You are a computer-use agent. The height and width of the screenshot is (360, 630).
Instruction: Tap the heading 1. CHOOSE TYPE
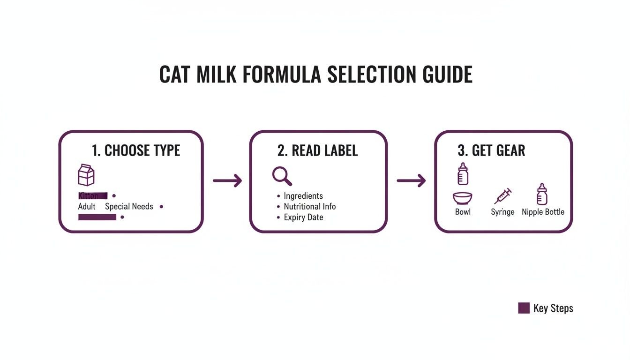pos(136,150)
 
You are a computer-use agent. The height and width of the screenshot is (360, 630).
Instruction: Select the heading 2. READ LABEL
pos(317,150)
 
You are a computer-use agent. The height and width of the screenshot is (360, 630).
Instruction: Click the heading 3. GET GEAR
pos(491,150)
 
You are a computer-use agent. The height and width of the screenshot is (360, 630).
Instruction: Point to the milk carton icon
pos(86,175)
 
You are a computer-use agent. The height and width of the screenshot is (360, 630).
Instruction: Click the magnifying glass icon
pos(282,176)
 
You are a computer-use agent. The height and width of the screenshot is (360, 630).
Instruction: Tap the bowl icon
pos(462,198)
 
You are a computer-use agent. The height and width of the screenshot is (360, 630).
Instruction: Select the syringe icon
pos(502,195)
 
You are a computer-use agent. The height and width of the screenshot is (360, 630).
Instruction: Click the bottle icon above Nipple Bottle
pos(542,194)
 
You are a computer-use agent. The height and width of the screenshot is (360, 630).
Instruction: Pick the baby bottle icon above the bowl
pos(463,174)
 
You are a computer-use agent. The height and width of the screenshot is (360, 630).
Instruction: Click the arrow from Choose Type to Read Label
pos(227,180)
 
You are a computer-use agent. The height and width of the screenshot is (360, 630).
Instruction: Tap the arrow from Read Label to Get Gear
pos(411,180)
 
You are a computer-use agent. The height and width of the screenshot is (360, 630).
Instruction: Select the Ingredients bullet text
pos(303,196)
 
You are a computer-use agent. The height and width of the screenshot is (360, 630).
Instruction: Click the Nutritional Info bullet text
pos(309,207)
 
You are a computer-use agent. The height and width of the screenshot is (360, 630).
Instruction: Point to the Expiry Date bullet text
pos(303,217)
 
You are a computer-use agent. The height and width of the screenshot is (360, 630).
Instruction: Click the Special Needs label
pos(129,207)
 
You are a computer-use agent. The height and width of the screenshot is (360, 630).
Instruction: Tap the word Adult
pos(87,207)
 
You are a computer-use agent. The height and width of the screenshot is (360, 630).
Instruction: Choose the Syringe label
pos(502,212)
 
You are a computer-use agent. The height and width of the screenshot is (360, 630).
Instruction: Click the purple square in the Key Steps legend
pos(524,308)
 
